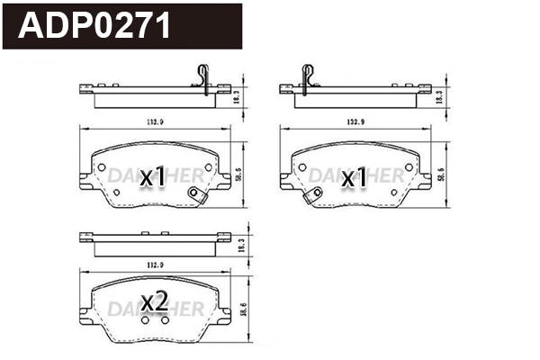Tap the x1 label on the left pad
153,178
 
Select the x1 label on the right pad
354,178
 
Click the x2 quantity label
154,302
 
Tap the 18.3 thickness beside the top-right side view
440,93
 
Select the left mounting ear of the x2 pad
85,312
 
